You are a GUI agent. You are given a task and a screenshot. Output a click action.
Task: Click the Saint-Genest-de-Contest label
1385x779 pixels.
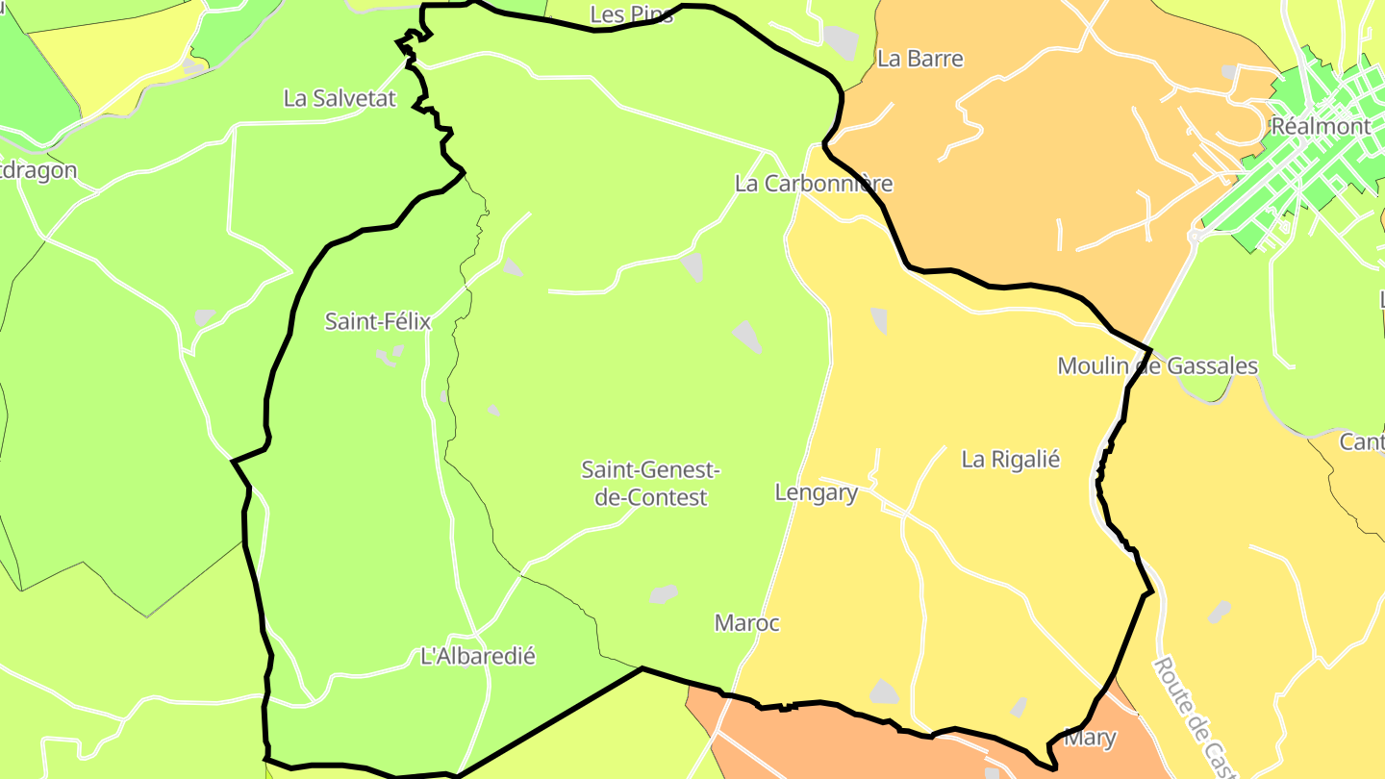pos(650,484)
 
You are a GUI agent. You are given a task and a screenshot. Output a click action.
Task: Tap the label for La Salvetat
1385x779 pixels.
pos(340,98)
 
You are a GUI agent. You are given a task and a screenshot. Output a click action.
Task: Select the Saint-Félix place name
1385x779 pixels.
pos(377,321)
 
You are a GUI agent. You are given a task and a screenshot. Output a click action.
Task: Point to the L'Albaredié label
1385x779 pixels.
pos(478,657)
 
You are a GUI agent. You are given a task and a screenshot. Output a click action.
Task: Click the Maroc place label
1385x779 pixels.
pos(746,623)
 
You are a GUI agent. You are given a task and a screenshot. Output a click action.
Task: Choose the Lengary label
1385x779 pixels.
pos(816,493)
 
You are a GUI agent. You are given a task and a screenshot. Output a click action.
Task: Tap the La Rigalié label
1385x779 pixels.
pos(1010,460)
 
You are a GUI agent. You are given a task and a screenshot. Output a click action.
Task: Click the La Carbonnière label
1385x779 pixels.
pos(814,184)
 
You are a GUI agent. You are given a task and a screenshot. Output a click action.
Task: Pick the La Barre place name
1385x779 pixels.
pos(919,59)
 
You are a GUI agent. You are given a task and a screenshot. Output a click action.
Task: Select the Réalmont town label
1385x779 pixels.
pos(1320,126)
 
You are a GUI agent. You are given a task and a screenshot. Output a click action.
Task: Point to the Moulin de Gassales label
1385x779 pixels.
pos(1157,366)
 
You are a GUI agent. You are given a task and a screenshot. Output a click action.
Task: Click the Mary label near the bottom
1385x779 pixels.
pos(1091,739)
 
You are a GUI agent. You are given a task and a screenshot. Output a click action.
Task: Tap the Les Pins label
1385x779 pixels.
pos(632,14)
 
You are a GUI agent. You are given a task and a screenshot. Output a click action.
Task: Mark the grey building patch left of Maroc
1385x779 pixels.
pos(663,594)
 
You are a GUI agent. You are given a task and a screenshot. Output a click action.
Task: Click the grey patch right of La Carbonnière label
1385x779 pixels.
pos(842,41)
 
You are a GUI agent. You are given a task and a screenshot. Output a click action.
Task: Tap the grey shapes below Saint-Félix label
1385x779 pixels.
pos(389,357)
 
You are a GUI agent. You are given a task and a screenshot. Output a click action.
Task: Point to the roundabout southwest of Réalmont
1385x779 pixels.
pos(1194,235)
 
